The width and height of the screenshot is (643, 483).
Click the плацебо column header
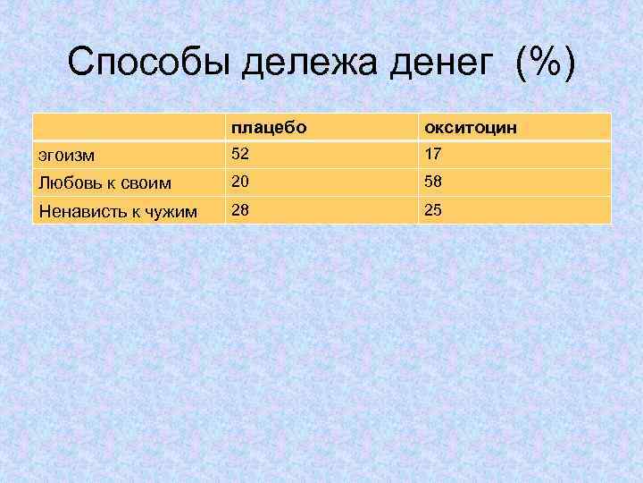click(x=269, y=128)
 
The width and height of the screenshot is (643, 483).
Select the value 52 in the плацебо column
click(x=239, y=154)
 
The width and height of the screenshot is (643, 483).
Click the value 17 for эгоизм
click(x=434, y=154)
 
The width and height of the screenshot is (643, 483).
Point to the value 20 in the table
click(x=239, y=182)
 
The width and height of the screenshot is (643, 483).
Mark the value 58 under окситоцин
click(x=434, y=182)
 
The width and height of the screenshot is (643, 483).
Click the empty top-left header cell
click(x=127, y=127)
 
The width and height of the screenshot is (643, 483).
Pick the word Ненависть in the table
click(x=78, y=211)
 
